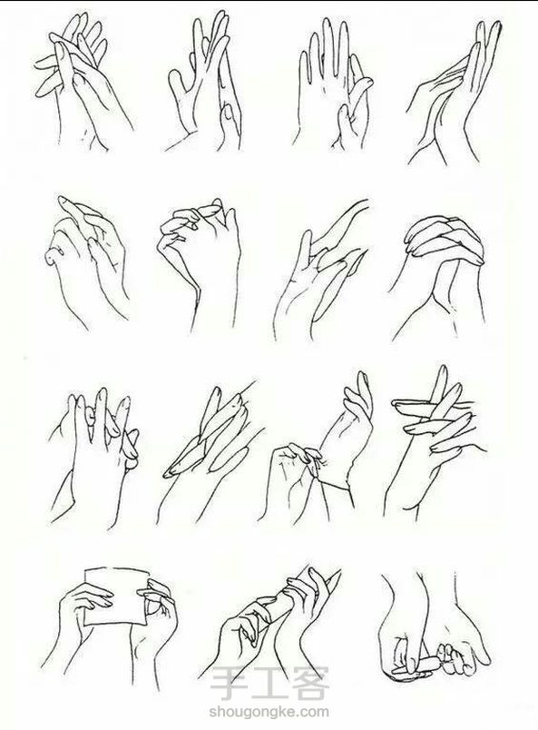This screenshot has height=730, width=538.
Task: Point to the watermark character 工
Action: coord(269,684)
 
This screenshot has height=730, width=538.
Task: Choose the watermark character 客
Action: coord(308,684)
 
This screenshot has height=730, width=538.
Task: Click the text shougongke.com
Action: coord(269,713)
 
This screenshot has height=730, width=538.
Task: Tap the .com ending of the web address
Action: coord(313,713)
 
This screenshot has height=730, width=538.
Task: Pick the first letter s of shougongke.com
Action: coord(213,713)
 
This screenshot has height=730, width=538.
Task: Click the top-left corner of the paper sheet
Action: coord(85,569)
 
